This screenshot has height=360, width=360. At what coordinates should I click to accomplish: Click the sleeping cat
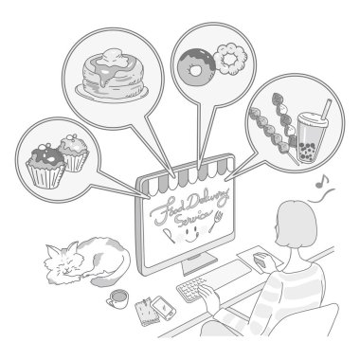[87, 261]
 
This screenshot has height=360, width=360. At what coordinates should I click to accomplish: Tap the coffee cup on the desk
[118, 298]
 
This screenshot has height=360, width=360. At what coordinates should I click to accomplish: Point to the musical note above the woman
[322, 182]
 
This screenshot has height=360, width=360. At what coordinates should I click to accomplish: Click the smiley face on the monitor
[190, 233]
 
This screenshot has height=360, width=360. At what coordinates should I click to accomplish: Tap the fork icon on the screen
[215, 222]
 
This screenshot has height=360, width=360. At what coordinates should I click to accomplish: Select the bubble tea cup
[311, 137]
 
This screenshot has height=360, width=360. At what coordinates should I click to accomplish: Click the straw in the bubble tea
[325, 109]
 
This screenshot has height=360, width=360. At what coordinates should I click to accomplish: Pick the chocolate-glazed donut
[196, 67]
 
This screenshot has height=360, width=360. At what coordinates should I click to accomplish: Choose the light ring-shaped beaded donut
[229, 59]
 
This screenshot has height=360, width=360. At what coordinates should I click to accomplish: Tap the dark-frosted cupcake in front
[46, 167]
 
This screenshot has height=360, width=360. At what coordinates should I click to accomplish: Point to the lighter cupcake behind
[75, 153]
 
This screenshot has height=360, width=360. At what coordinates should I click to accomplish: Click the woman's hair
[296, 224]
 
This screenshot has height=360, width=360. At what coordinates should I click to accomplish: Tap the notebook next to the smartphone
[147, 311]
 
